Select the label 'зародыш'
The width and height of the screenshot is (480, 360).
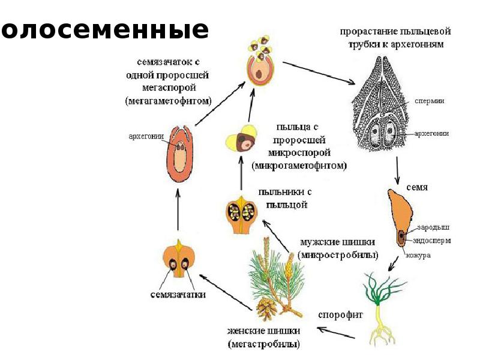(431, 227)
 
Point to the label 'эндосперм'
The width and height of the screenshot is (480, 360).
(432, 240)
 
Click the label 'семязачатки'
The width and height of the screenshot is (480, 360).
(179, 295)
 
